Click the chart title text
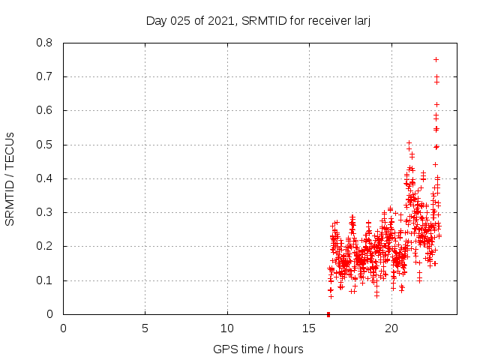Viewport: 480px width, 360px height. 259,20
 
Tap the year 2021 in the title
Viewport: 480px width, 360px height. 227,20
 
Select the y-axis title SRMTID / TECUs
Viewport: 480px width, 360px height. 10,178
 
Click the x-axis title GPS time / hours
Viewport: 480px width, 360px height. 258,349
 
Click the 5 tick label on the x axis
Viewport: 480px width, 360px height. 145,328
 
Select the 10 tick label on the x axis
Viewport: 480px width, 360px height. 227,328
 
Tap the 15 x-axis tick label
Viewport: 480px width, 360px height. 309,328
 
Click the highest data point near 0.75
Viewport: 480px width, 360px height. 436,59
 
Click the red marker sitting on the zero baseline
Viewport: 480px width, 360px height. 328,314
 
